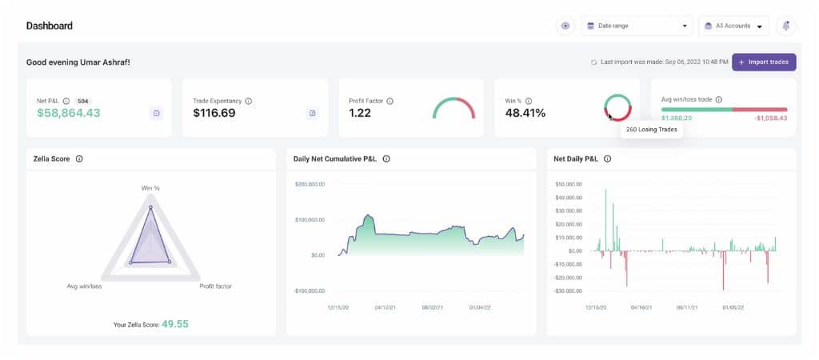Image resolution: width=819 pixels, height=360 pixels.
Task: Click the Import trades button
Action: (x=764, y=62)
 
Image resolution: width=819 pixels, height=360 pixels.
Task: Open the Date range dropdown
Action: (x=637, y=26)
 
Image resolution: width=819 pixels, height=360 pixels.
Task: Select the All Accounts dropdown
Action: (x=733, y=26)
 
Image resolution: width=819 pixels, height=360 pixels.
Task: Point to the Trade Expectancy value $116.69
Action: (x=214, y=113)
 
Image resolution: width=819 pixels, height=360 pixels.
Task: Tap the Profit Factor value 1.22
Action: (x=361, y=113)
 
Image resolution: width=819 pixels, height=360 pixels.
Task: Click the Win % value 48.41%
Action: (x=525, y=113)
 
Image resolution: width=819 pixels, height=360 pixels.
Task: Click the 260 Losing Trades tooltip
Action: (x=651, y=129)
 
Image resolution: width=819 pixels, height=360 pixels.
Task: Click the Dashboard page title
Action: (x=50, y=26)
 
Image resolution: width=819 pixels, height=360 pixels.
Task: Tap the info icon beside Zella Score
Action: (x=79, y=158)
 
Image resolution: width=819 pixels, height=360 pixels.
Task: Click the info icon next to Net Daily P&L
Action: (x=608, y=158)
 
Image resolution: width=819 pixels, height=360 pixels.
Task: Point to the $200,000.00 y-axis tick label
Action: (x=310, y=184)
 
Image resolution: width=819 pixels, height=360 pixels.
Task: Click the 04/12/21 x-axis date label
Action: (x=385, y=306)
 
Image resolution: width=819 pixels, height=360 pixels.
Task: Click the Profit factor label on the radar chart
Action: (x=215, y=286)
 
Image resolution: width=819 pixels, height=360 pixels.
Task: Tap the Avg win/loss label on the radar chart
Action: (x=84, y=286)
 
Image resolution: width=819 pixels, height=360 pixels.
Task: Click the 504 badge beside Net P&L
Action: (x=83, y=102)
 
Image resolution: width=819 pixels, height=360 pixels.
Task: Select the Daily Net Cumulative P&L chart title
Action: (x=335, y=158)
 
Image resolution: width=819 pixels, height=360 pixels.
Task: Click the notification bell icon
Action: (x=786, y=26)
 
